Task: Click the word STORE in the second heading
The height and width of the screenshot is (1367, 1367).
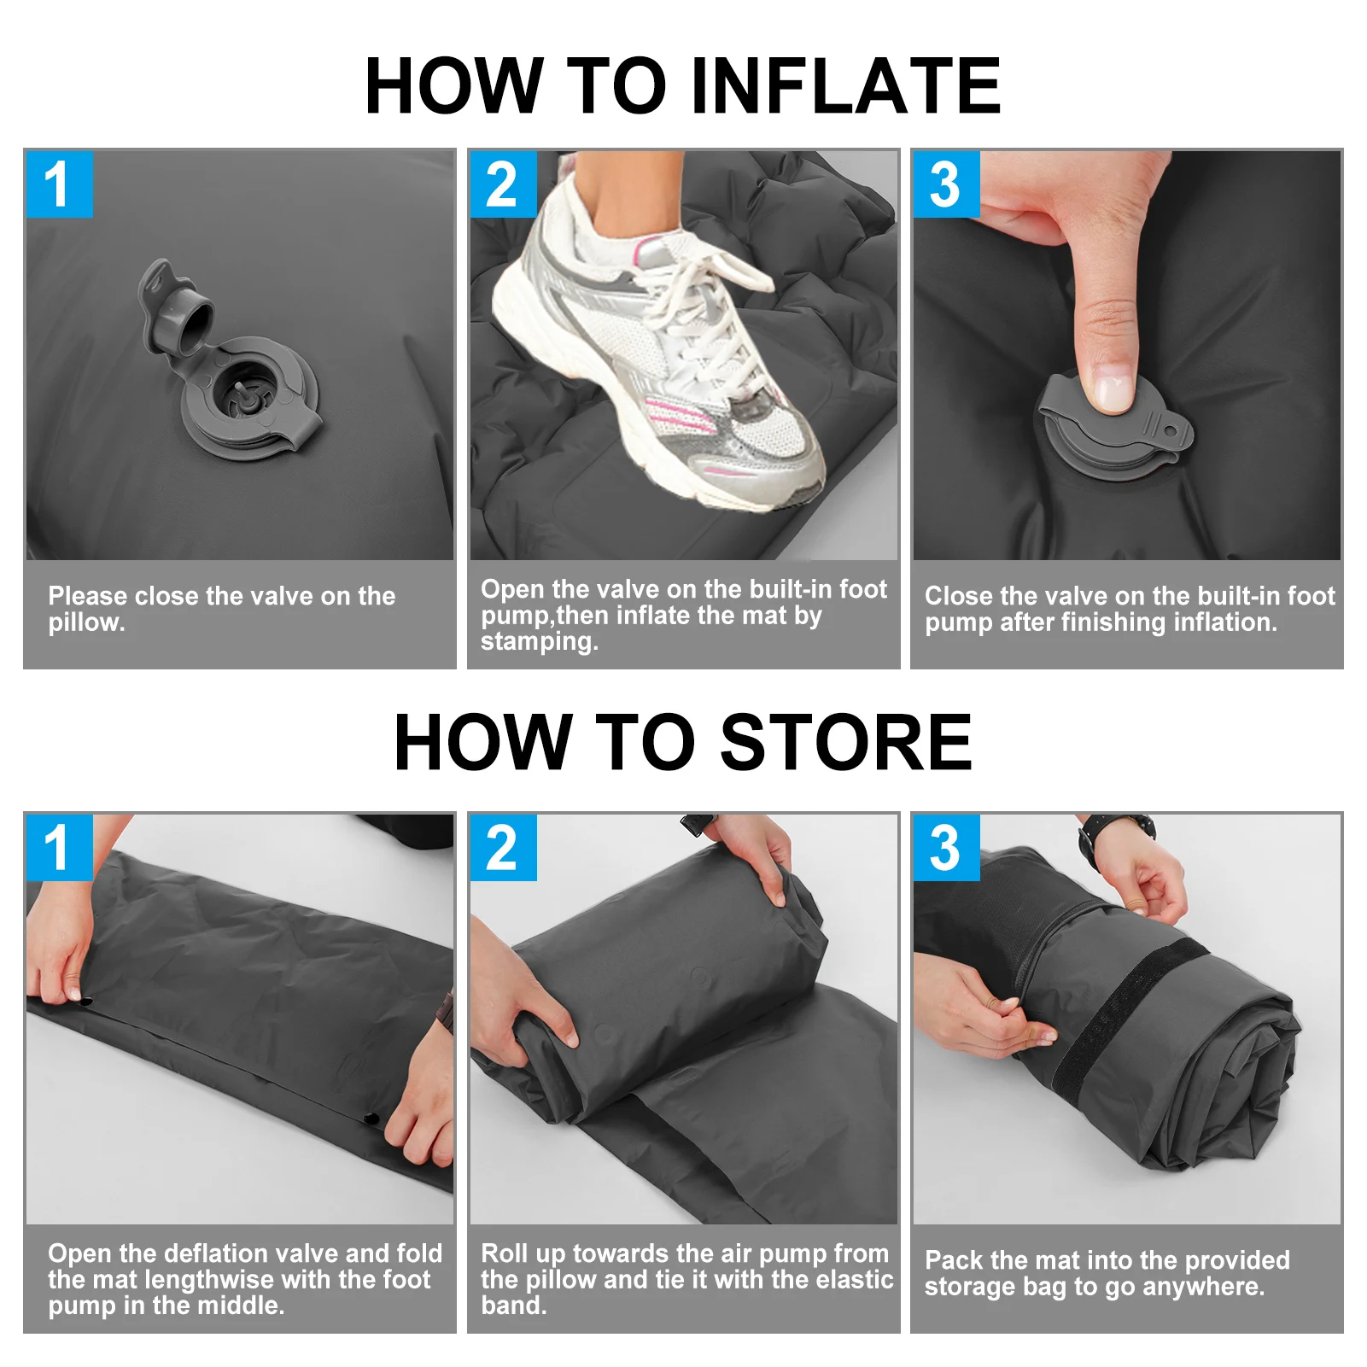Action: [x=846, y=742]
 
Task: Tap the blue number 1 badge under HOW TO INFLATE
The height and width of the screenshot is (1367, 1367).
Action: [x=59, y=184]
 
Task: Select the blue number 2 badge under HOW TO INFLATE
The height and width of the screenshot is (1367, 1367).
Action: [x=503, y=184]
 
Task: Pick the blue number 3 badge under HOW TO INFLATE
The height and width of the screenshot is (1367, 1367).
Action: [x=946, y=184]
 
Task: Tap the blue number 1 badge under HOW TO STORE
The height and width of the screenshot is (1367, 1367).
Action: [x=59, y=848]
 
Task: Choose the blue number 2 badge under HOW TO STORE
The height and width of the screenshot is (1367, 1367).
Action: [x=503, y=848]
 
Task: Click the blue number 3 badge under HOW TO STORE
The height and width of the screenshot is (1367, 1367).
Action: [x=946, y=848]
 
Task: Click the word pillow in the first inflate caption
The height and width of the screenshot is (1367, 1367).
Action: [x=85, y=623]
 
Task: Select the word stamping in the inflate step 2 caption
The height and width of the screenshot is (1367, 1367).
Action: [x=539, y=641]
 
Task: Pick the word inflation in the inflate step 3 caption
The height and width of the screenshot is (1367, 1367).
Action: [x=1225, y=622]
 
